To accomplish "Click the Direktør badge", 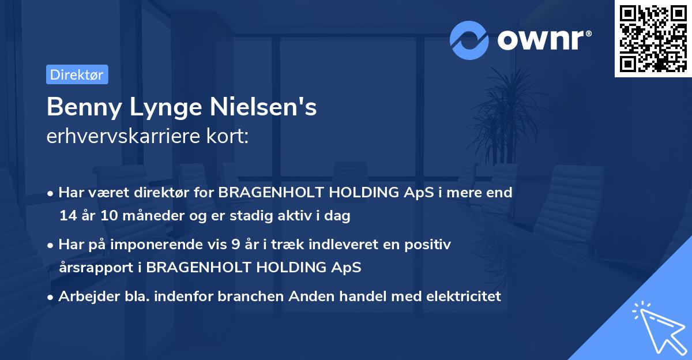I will (x=77, y=74).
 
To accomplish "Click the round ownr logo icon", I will (x=469, y=40).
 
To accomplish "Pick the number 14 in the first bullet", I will (x=66, y=216).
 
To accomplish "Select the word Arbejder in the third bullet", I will (x=85, y=297).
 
